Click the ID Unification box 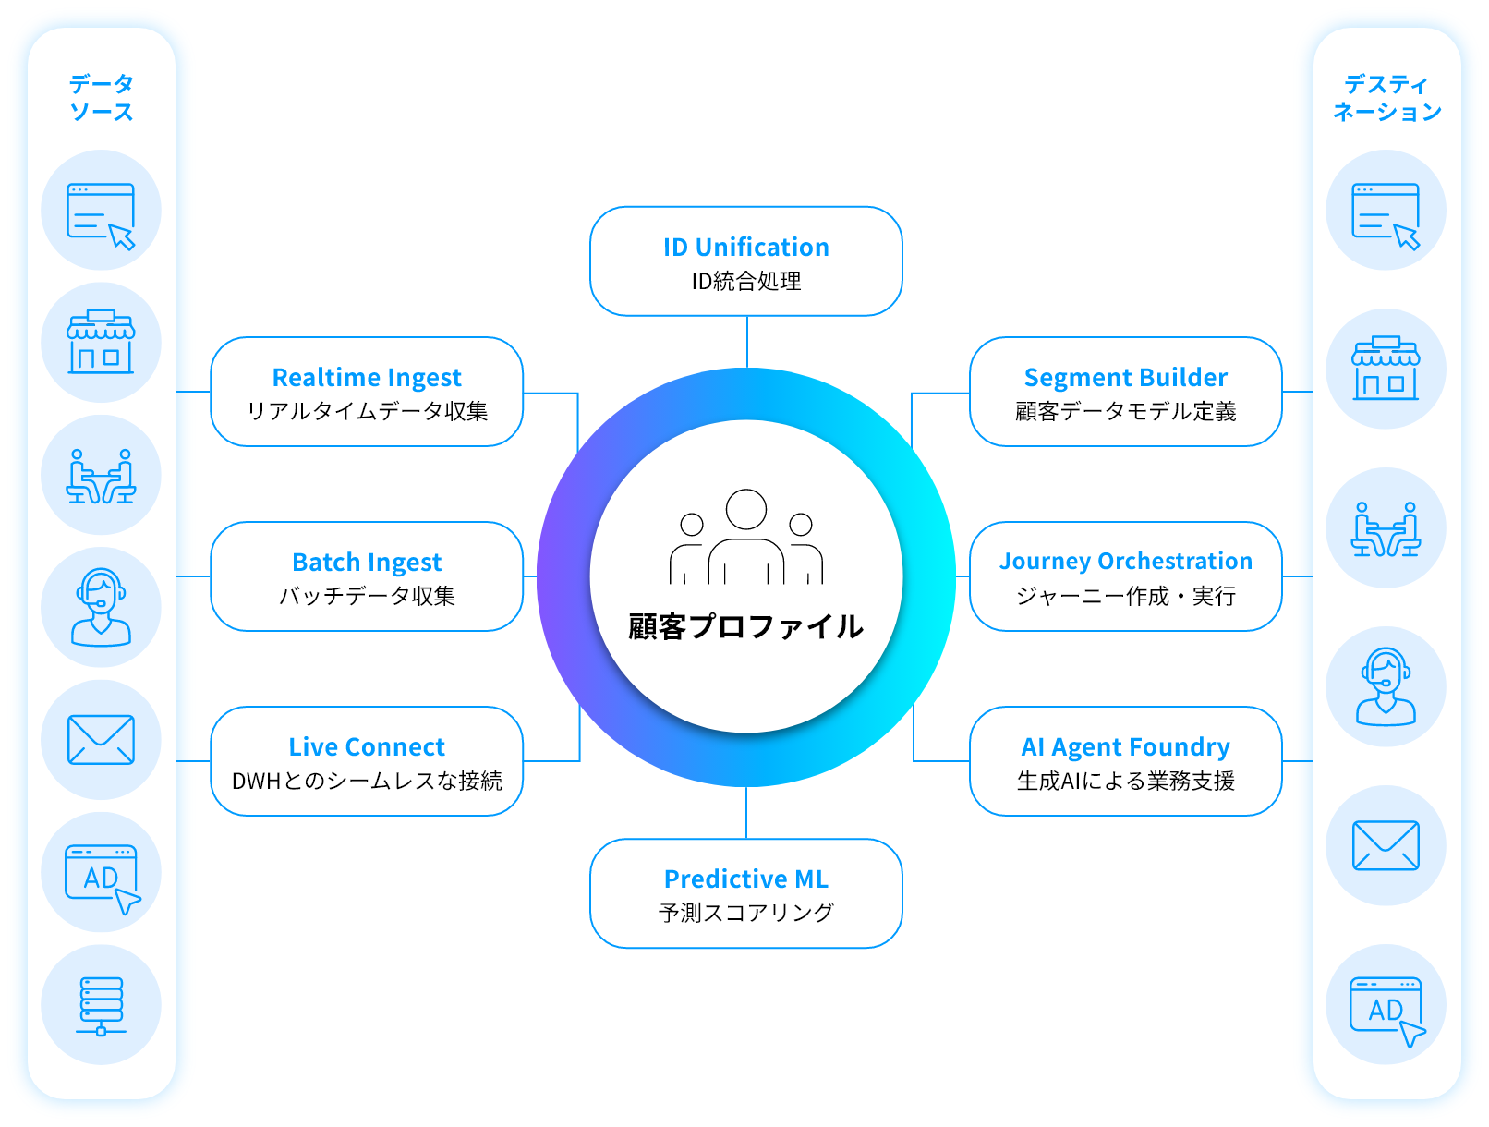(x=745, y=261)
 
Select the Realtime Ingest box (x=367, y=392)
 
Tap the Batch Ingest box (x=367, y=576)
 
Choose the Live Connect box (x=367, y=761)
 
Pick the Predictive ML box (x=745, y=893)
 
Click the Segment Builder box (x=1125, y=392)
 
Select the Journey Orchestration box (x=1125, y=576)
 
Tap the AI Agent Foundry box (x=1125, y=761)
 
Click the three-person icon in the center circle (x=745, y=538)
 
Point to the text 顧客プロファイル (x=745, y=626)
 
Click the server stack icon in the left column (x=101, y=1005)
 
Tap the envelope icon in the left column (x=101, y=740)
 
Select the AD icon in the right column (x=1386, y=1009)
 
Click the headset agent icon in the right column (x=1386, y=686)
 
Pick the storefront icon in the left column (x=101, y=343)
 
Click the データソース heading (x=101, y=98)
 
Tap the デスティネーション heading (x=1386, y=98)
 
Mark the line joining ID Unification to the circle (x=746, y=341)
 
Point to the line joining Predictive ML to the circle (x=746, y=813)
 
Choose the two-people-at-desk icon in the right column (x=1386, y=529)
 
